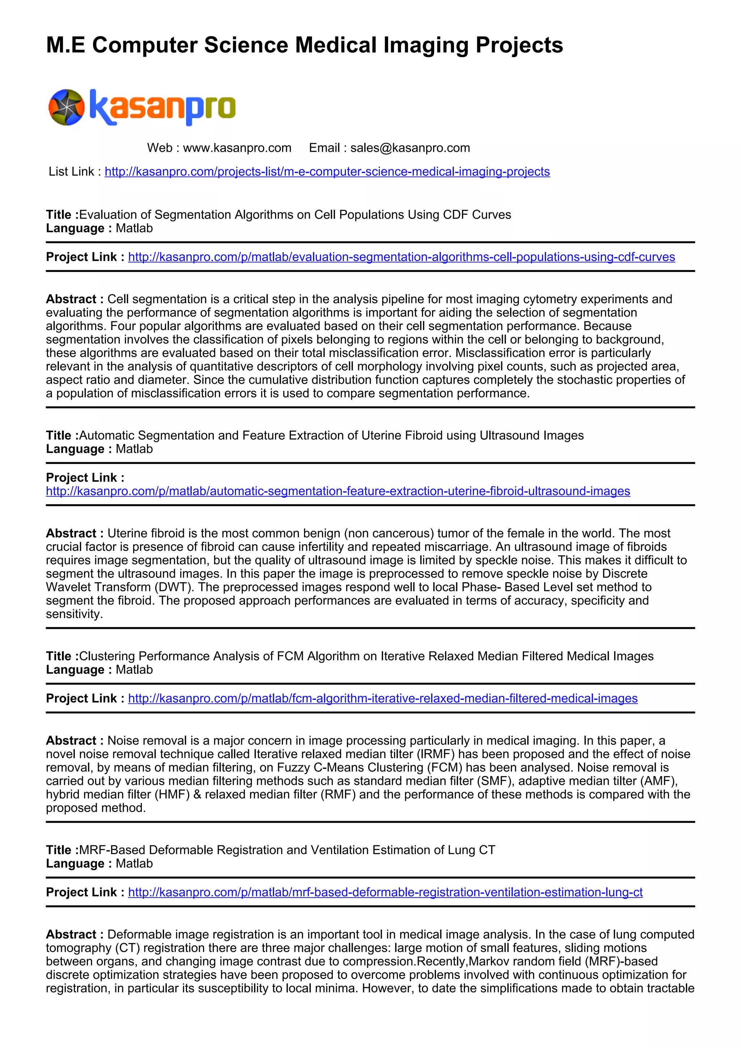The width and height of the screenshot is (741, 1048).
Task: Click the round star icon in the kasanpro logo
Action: pos(67,107)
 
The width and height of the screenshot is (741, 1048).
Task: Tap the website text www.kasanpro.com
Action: pos(237,148)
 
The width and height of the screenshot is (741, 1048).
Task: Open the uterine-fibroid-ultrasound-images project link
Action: pos(338,491)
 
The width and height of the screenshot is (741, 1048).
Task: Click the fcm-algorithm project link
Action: pos(382,698)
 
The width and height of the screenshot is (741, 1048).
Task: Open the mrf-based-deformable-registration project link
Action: pos(385,892)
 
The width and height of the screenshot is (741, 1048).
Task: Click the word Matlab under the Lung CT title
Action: pos(134,863)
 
